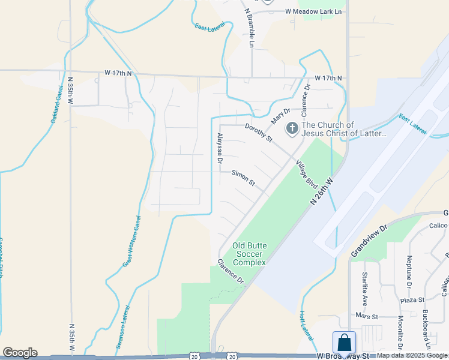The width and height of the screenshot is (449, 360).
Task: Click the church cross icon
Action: point(292,128)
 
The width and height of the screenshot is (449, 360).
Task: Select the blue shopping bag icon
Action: point(345,343)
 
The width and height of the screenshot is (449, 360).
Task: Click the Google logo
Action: point(20,353)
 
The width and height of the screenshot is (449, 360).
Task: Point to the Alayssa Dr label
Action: point(220,148)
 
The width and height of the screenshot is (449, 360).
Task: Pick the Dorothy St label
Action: point(259,133)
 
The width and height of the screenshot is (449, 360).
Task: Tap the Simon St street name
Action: point(244,178)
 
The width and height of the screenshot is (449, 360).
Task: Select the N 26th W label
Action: point(322,191)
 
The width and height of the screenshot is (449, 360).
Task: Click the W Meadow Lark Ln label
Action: point(313,11)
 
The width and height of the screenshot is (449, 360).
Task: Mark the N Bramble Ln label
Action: point(250,28)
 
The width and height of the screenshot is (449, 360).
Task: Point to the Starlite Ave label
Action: point(365,289)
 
